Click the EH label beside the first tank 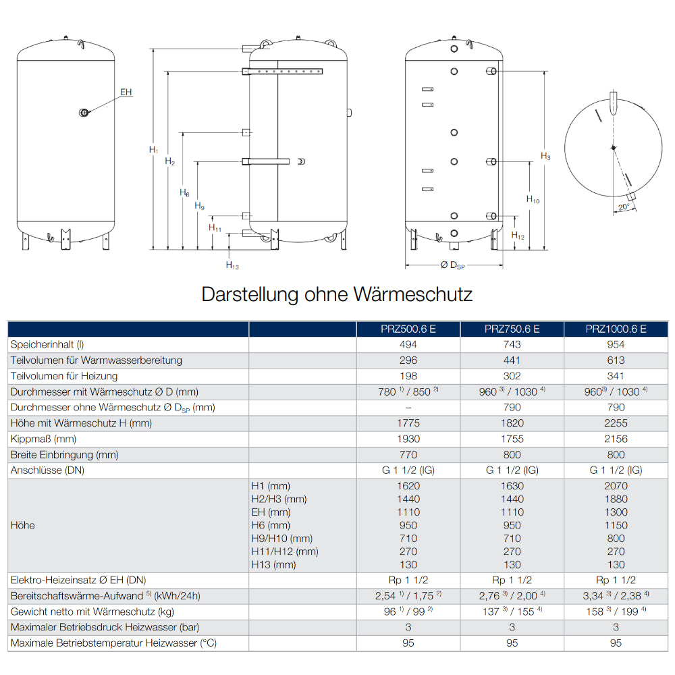click(126, 92)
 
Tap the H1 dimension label click(153, 149)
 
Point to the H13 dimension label click(232, 265)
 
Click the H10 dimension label click(533, 199)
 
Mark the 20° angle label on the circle click(624, 207)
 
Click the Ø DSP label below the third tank click(453, 265)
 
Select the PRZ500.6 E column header click(408, 329)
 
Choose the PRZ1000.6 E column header click(616, 329)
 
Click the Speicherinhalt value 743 click(512, 344)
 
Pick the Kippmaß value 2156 click(616, 439)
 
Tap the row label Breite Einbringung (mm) click(65, 455)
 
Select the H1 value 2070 click(616, 486)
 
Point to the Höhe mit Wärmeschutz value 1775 click(408, 423)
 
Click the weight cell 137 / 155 click(512, 612)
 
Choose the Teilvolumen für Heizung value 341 click(616, 376)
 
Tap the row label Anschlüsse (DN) click(47, 470)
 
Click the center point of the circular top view click(613, 148)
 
